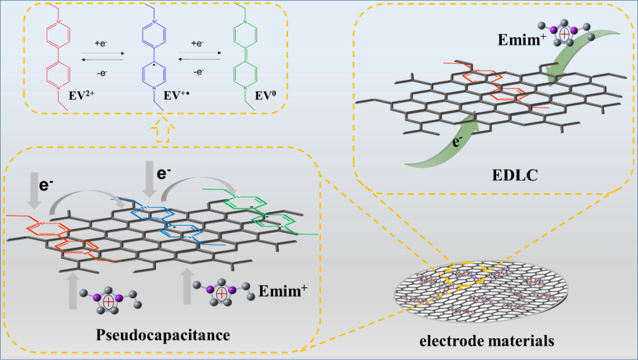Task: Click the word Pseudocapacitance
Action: [x=162, y=335]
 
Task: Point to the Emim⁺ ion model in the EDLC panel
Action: [x=565, y=34]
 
